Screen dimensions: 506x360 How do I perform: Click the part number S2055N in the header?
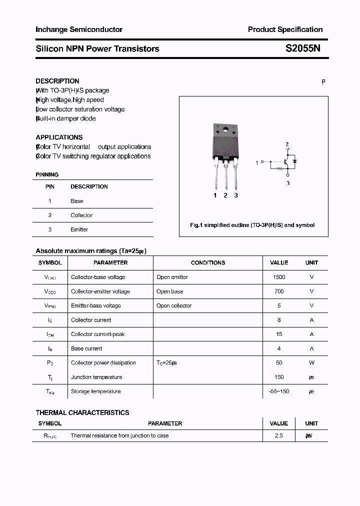tap(303, 49)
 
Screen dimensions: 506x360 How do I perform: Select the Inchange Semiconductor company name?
tap(79, 29)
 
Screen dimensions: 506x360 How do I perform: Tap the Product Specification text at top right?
tap(285, 29)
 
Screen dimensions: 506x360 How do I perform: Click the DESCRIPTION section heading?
tap(57, 81)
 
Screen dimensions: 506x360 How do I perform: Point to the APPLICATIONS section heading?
tap(59, 137)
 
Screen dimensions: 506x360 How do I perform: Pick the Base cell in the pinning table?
tap(77, 201)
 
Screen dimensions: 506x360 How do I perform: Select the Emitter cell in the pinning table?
tap(79, 229)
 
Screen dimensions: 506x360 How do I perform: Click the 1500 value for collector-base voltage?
tap(279, 277)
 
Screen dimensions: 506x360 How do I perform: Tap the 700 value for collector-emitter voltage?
tap(279, 291)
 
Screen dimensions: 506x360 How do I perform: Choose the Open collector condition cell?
tap(174, 305)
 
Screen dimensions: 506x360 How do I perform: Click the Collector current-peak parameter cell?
tap(98, 334)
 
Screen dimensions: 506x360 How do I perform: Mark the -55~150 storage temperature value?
tap(279, 391)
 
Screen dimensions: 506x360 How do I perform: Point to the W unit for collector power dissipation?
tap(311, 363)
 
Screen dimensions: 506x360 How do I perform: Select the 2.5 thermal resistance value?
tap(279, 436)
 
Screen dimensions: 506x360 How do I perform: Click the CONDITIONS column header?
tap(208, 262)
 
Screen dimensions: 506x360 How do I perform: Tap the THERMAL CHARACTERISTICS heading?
tap(82, 412)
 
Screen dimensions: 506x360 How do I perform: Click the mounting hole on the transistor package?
tap(225, 131)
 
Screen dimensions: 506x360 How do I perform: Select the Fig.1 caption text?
tap(252, 225)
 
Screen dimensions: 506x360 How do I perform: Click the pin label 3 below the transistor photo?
tap(236, 195)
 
